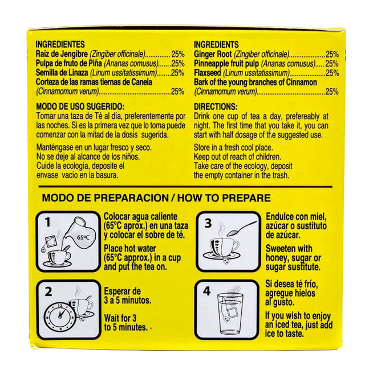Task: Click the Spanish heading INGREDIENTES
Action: pos(60,44)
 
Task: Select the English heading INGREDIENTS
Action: pos(216,44)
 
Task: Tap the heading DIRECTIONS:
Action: pos(216,107)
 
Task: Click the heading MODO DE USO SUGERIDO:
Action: pos(80,107)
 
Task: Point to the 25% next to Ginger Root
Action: pos(332,54)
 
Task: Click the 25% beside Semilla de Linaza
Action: pos(177,73)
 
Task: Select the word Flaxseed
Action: pos(208,73)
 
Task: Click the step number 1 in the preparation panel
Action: pos(48,222)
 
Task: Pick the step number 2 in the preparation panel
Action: pos(48,291)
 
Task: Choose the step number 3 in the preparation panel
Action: pos(208,223)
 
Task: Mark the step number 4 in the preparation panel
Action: pos(206,291)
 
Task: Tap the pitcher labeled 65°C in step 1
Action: pos(79,235)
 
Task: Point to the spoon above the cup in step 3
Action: pos(241,228)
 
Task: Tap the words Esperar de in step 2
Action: pos(122,291)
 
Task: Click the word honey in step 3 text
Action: pos(276,258)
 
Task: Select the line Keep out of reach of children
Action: pos(237,157)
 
